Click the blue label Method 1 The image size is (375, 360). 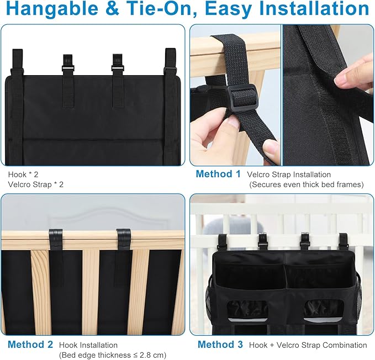pyautogui.click(x=218, y=174)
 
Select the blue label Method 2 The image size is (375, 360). pyautogui.click(x=30, y=345)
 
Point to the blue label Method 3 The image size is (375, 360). pyautogui.click(x=220, y=345)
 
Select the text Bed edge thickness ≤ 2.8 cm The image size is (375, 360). pyautogui.click(x=113, y=355)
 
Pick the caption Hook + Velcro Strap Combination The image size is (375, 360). pyautogui.click(x=307, y=345)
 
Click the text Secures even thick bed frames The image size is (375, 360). pyautogui.click(x=307, y=184)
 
